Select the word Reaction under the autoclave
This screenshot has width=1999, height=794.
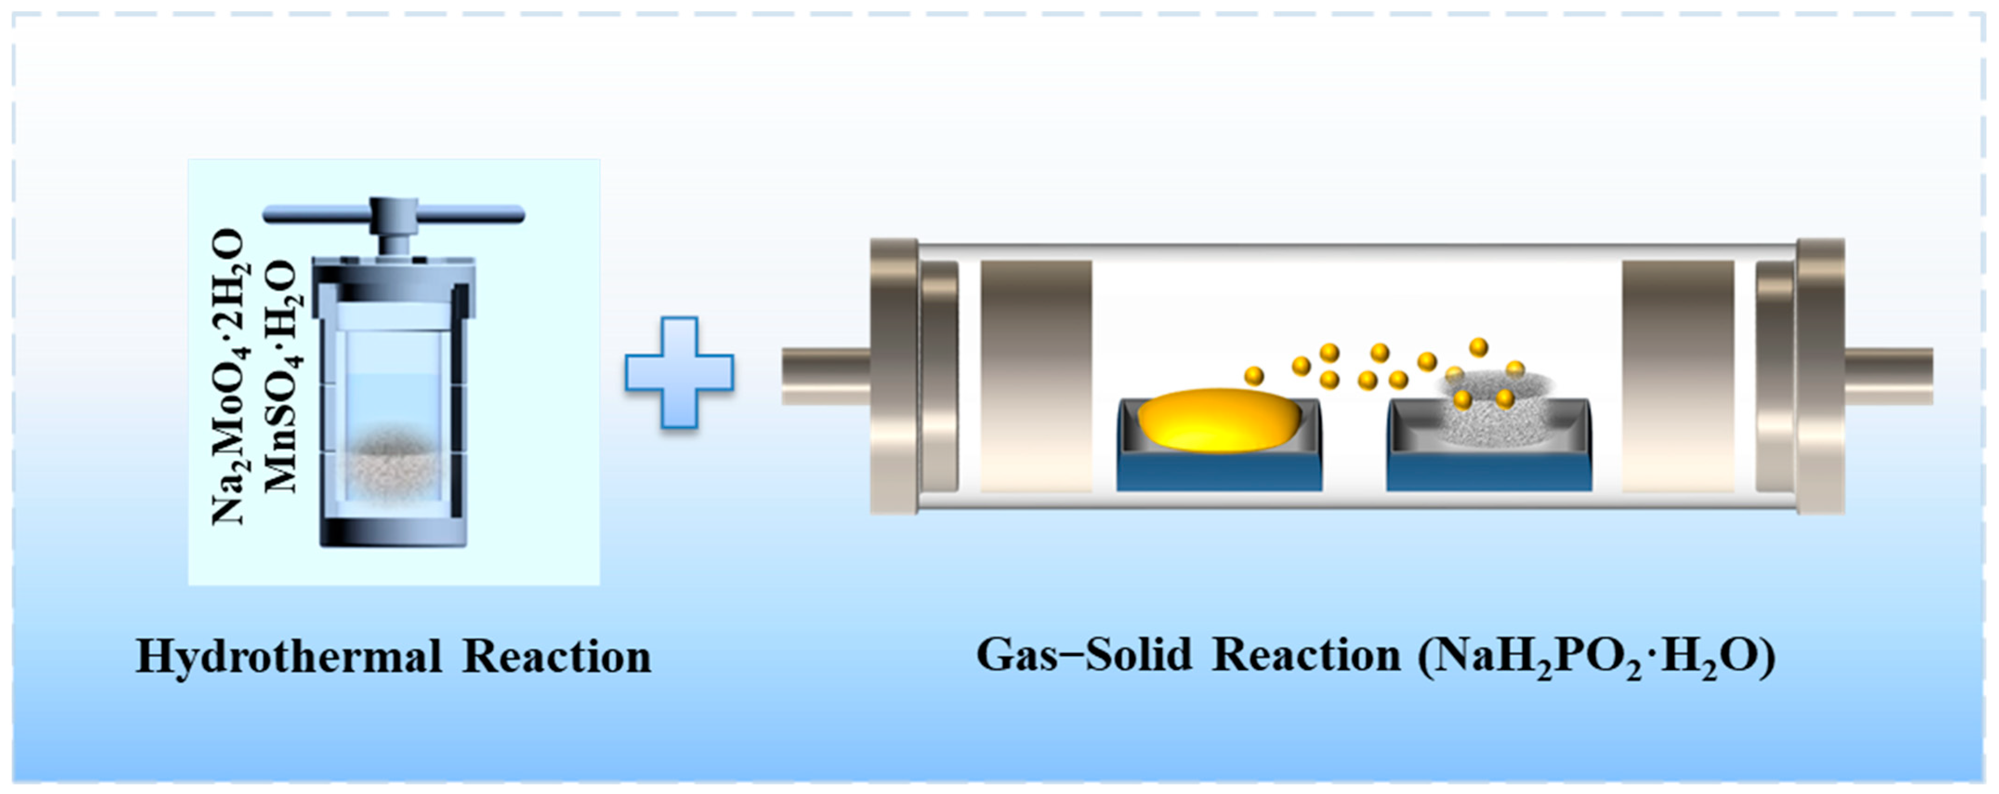(x=557, y=657)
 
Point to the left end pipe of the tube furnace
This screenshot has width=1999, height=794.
(x=825, y=376)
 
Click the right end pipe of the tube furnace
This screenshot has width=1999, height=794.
(x=1888, y=376)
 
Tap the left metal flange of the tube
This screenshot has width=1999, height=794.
(x=894, y=376)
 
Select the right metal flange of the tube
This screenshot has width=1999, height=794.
(x=1820, y=376)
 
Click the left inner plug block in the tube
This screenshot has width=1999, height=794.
(x=1036, y=376)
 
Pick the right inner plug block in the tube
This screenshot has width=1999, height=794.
(x=1678, y=376)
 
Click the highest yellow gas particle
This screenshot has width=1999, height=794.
(x=1478, y=346)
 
